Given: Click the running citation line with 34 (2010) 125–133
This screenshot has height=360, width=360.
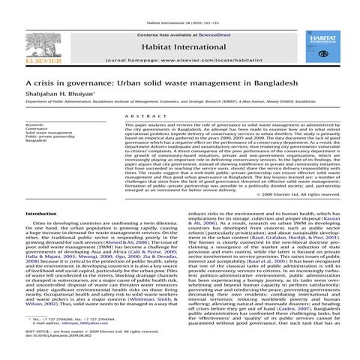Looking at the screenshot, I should [180, 4].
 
